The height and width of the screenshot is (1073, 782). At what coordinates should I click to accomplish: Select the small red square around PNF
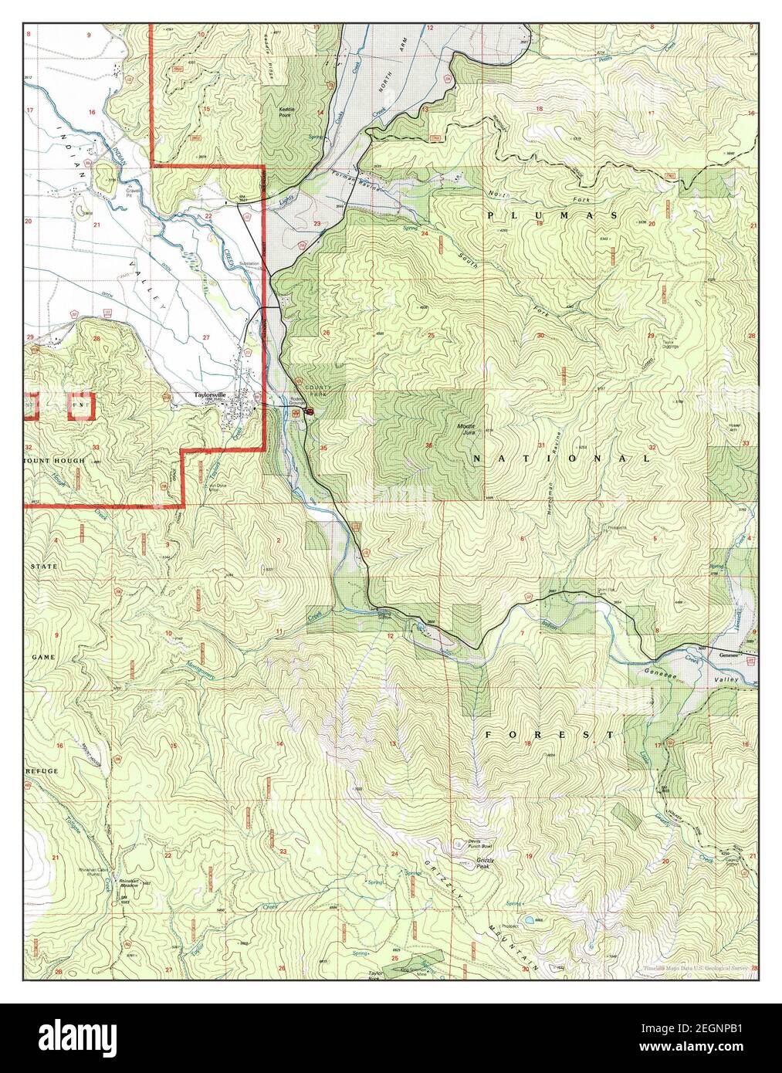tap(80, 405)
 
